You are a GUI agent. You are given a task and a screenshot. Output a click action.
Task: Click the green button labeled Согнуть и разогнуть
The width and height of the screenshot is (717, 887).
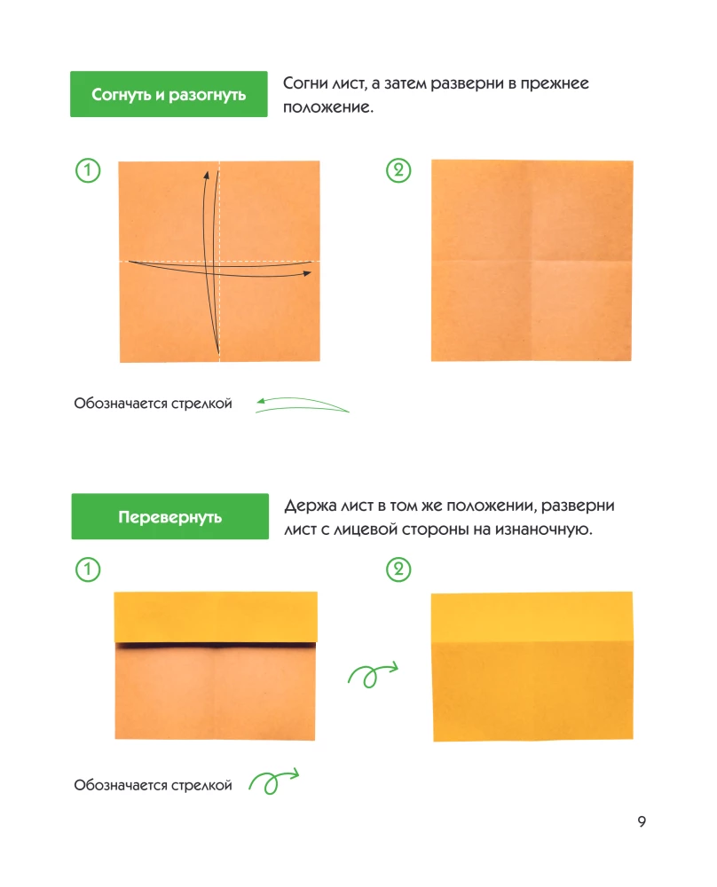tap(169, 94)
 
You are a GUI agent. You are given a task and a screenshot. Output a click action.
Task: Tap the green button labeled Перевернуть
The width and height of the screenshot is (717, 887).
tap(169, 516)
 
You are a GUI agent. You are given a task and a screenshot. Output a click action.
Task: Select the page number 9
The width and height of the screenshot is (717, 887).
tap(642, 821)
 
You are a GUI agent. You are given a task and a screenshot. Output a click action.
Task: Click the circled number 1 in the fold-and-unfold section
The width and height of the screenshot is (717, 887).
tap(88, 170)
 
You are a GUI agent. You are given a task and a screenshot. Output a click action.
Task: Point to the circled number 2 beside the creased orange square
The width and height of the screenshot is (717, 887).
tap(398, 170)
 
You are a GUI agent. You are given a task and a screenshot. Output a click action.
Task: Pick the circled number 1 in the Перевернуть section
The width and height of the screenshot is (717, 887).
tap(88, 569)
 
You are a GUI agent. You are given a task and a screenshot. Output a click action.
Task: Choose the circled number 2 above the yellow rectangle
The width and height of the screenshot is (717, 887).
tap(398, 569)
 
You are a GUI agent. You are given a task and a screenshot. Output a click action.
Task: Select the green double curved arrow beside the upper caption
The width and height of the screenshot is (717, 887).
tap(303, 403)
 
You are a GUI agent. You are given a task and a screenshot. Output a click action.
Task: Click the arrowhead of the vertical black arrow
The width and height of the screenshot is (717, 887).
tap(207, 176)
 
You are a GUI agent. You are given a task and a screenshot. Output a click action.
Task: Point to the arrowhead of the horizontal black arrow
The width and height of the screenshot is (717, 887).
tap(307, 273)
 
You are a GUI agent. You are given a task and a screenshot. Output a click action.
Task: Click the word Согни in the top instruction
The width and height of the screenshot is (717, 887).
tap(305, 83)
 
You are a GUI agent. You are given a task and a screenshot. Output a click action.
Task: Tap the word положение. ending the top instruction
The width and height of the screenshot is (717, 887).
tap(328, 107)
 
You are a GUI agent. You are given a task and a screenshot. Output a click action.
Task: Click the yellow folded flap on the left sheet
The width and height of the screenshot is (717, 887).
tap(216, 617)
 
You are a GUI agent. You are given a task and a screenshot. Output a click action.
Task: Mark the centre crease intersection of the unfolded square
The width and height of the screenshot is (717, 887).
tap(532, 261)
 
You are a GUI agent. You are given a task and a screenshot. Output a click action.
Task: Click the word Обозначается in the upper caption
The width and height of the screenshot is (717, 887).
tap(121, 404)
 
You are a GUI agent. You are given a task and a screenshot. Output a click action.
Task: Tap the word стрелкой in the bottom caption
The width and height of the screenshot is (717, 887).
tap(201, 785)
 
